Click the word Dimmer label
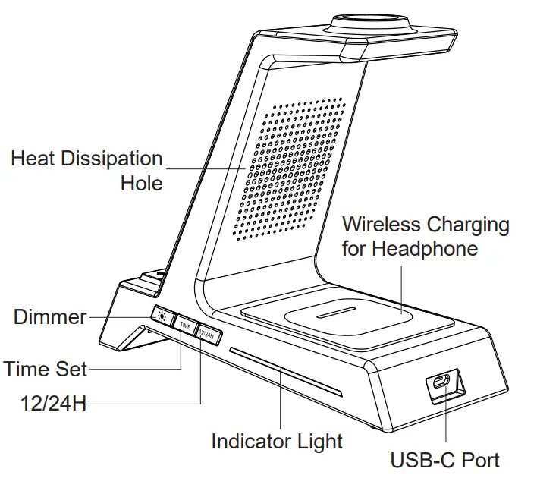coord(50,316)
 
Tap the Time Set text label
coord(46,370)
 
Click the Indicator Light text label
coord(276,441)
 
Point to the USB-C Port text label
coord(444,460)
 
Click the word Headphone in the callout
coord(432,248)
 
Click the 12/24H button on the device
coord(207,333)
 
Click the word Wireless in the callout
coord(382,225)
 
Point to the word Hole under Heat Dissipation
coord(142,183)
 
